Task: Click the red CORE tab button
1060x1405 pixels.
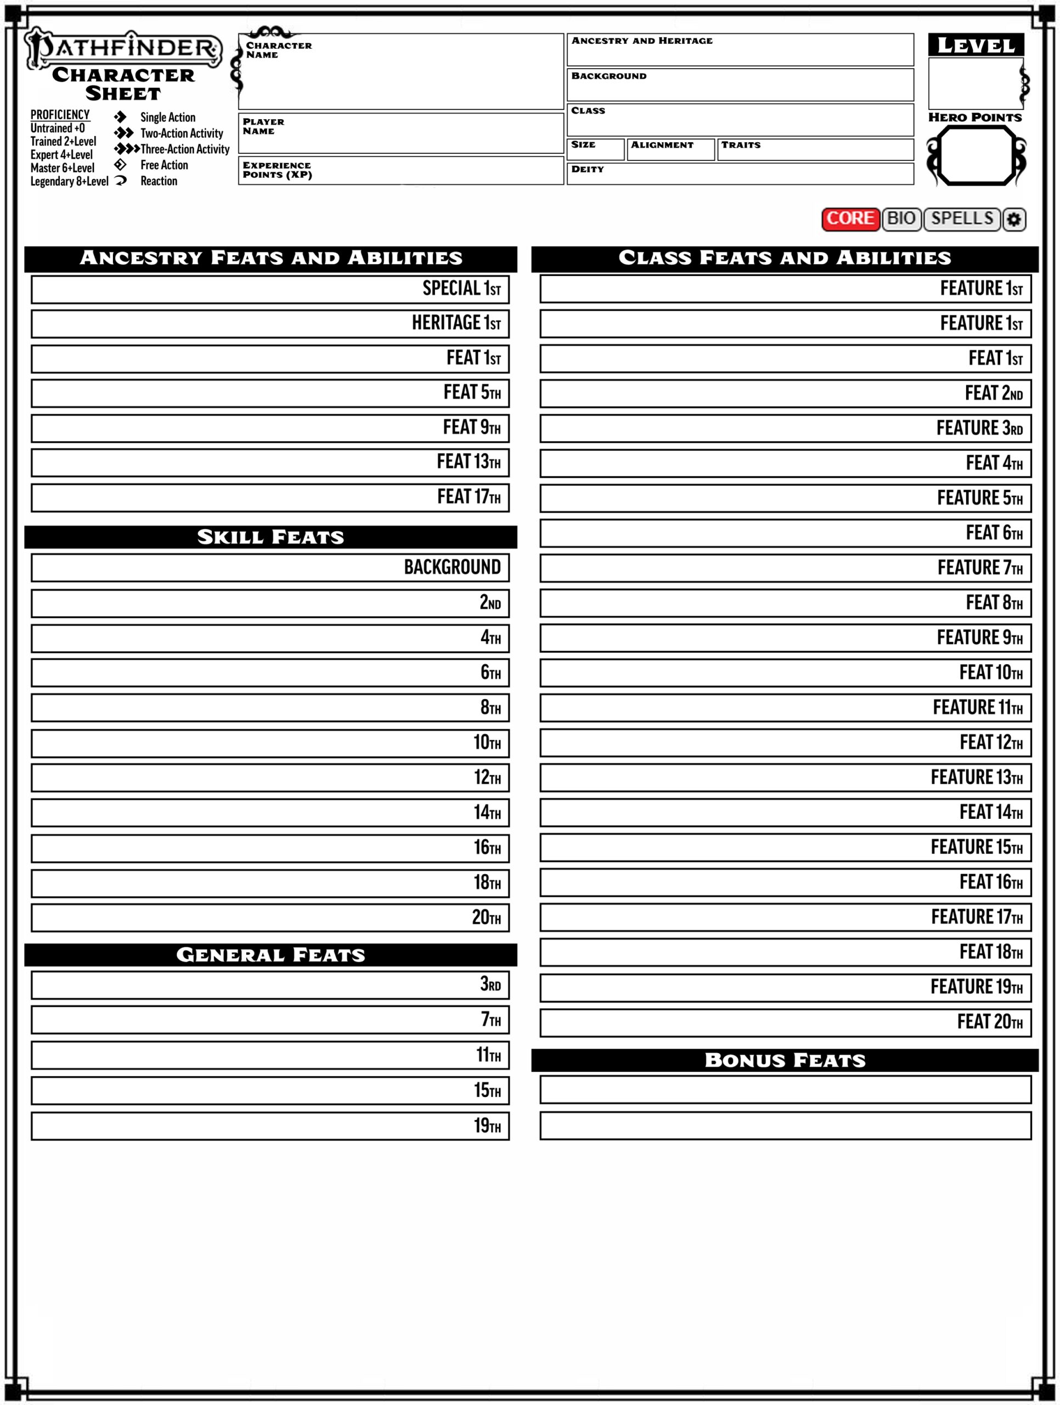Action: click(850, 219)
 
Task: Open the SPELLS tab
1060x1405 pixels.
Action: click(962, 219)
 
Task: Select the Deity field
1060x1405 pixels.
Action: click(740, 174)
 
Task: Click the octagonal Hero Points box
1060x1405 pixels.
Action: click(976, 156)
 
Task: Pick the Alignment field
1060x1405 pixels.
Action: click(670, 150)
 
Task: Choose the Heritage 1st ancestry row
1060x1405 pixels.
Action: click(270, 324)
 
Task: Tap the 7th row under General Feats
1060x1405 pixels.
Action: click(270, 1020)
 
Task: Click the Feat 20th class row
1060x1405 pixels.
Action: click(785, 1022)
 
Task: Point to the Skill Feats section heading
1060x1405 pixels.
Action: click(270, 537)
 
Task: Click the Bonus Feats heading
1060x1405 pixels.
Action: click(785, 1061)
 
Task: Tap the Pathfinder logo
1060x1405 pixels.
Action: click(123, 48)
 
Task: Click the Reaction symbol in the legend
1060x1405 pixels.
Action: click(121, 181)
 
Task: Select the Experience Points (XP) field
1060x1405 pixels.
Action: click(401, 171)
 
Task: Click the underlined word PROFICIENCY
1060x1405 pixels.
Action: click(60, 115)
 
